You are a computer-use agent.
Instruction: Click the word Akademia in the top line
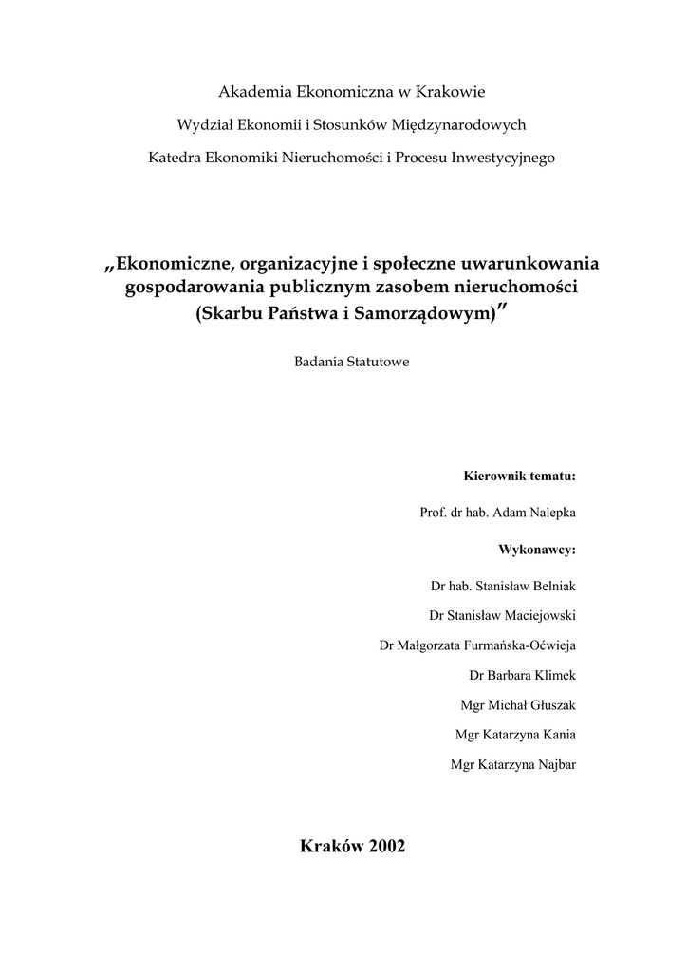tap(254, 92)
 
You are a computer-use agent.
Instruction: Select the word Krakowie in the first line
tap(451, 92)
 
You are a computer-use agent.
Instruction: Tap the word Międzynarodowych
tap(460, 124)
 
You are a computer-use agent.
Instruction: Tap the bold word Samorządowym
tap(427, 314)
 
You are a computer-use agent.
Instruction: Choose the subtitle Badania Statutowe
tap(352, 362)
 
